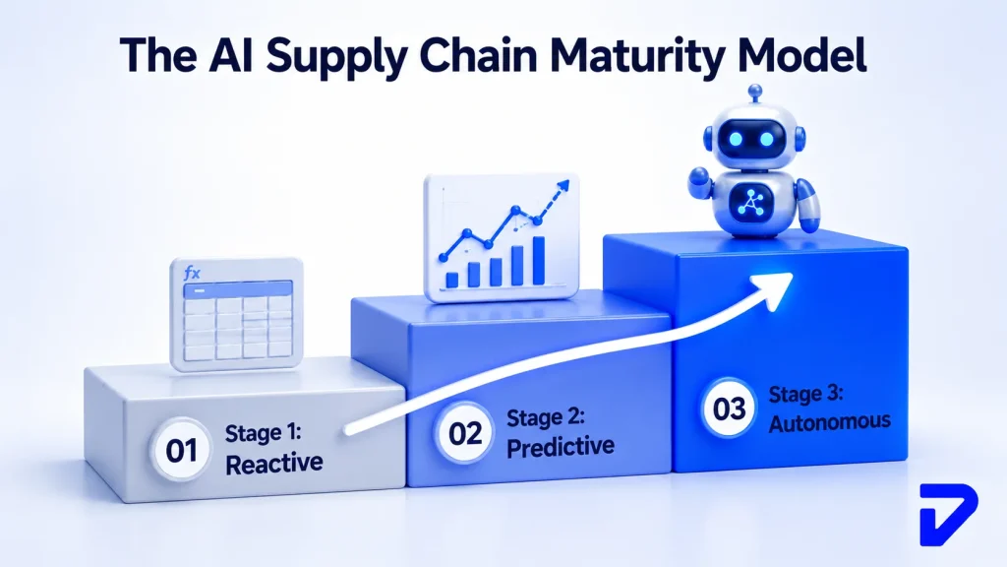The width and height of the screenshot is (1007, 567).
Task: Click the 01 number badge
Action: [181, 450]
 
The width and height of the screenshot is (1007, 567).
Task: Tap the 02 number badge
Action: [465, 433]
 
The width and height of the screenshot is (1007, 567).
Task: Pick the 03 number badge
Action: [729, 409]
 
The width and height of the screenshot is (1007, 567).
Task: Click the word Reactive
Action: [273, 464]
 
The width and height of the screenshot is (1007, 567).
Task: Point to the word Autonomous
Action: [830, 422]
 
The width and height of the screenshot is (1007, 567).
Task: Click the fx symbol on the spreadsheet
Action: [192, 274]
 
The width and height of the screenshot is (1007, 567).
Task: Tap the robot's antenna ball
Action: [756, 91]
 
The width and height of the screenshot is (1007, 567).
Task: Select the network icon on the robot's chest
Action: [748, 202]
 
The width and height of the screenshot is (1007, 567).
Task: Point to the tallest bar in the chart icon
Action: [539, 260]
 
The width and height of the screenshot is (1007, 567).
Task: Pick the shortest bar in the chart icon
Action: [452, 280]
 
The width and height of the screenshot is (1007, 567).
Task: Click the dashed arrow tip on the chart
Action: [563, 186]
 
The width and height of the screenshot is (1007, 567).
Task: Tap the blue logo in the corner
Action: [948, 515]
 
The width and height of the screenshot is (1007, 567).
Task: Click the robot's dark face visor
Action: [752, 139]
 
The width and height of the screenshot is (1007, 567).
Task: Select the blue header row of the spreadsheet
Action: [238, 290]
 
